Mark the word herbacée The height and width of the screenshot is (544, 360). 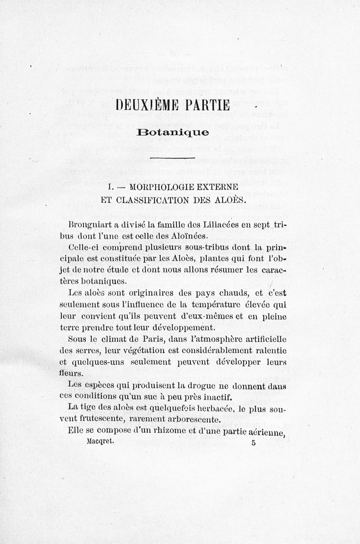coord(226,409)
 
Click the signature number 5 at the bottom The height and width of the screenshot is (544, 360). coord(254,443)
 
